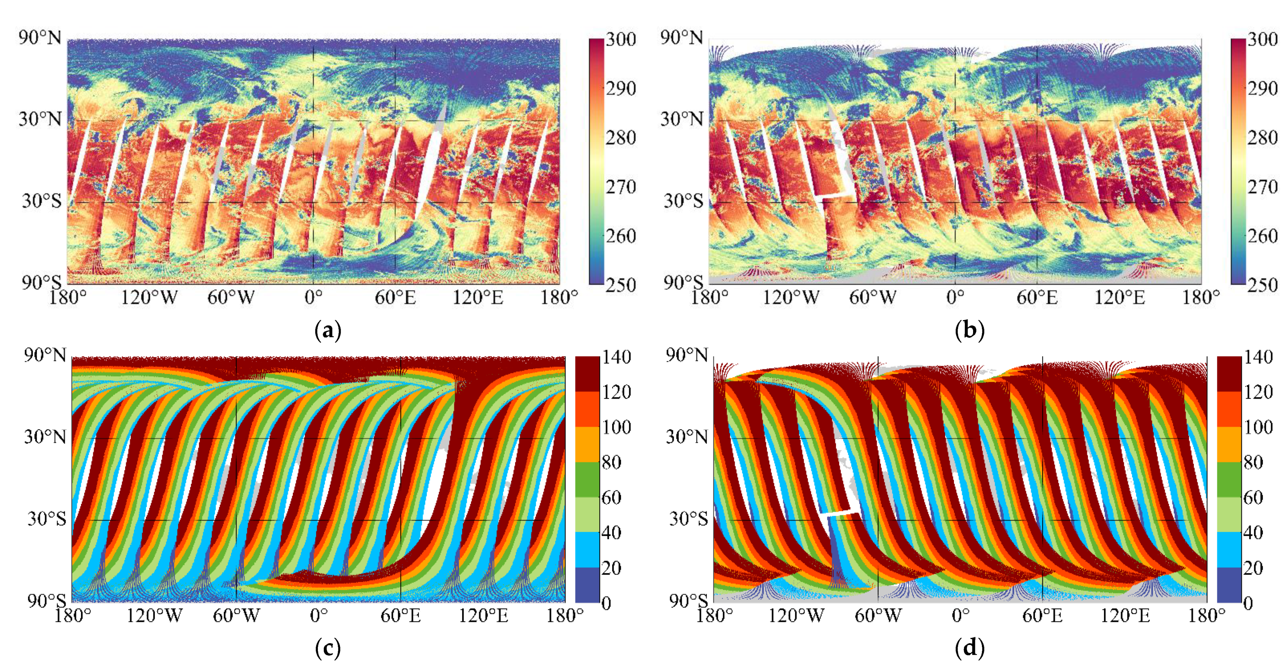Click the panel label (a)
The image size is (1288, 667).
(x=328, y=330)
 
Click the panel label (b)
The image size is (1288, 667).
(x=969, y=330)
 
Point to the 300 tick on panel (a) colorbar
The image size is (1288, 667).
(x=621, y=39)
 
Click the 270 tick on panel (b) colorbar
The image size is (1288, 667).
(x=1262, y=187)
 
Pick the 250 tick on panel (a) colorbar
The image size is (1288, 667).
(x=621, y=285)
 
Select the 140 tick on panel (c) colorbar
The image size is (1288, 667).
(x=616, y=357)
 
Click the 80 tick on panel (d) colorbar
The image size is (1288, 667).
(x=1253, y=462)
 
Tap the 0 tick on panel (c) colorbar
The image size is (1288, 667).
(x=606, y=603)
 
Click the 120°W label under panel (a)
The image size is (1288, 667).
(x=149, y=298)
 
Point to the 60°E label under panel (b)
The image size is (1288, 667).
(x=1037, y=298)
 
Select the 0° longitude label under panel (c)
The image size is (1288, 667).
(x=319, y=616)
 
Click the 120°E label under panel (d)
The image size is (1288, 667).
(x=1125, y=616)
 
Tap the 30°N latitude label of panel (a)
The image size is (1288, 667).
(x=40, y=119)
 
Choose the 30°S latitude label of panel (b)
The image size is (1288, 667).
(x=683, y=201)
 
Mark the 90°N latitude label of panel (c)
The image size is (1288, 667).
(x=45, y=355)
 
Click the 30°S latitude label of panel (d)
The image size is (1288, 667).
(x=688, y=519)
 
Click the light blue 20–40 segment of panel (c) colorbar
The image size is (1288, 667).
(x=587, y=550)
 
